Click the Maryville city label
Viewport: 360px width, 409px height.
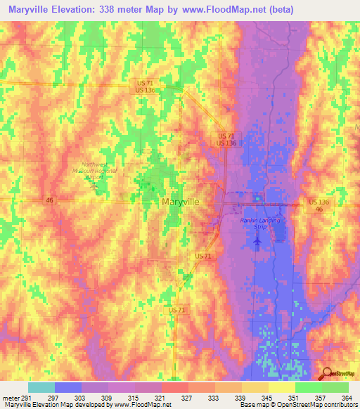point(180,202)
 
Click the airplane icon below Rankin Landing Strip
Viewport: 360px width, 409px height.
point(257,242)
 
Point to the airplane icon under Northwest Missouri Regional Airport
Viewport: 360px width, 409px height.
point(97,186)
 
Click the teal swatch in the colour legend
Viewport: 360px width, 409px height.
point(41,387)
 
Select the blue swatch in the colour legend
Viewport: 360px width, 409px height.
point(67,387)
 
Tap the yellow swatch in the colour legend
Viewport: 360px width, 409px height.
point(281,387)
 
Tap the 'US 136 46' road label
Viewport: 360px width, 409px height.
point(319,206)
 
